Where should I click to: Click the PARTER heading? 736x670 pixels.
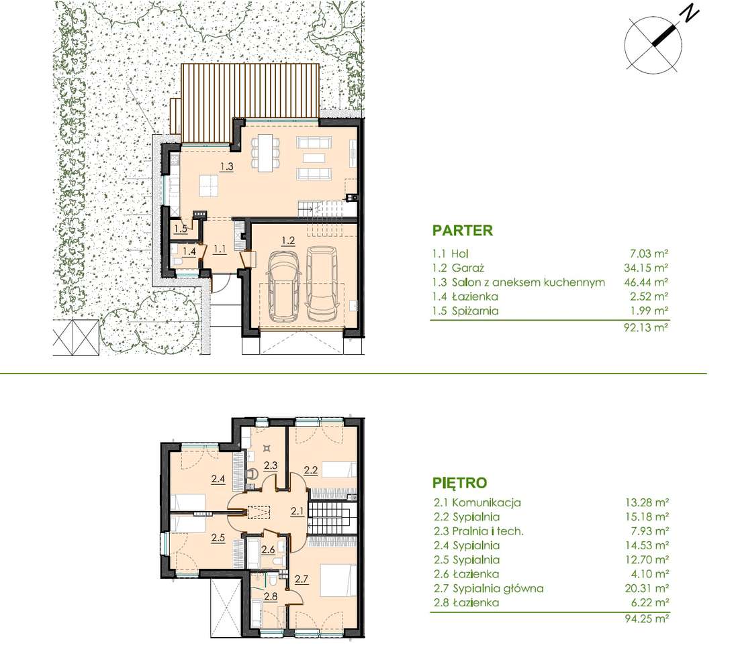coord(462,231)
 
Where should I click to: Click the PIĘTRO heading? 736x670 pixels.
coord(459,483)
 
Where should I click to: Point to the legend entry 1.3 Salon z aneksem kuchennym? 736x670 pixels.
coord(518,282)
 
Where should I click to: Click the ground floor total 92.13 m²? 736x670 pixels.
coord(646,327)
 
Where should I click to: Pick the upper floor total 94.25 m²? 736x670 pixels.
coord(646,619)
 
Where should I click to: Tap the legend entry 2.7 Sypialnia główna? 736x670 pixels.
coord(489,588)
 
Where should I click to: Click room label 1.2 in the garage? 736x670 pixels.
coord(288,241)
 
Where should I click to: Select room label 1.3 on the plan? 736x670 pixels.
coord(227,166)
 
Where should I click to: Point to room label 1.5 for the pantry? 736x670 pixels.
coord(181,229)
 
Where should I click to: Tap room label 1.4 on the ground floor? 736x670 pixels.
coord(189,252)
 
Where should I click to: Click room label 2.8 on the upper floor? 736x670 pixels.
coord(271,597)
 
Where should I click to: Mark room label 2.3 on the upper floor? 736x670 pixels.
coord(271,465)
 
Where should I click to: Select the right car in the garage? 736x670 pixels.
coord(323,282)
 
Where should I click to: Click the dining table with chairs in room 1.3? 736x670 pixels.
coord(266,152)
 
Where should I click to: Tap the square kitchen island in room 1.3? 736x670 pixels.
coord(209,185)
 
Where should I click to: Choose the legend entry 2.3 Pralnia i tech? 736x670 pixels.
coord(479,531)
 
